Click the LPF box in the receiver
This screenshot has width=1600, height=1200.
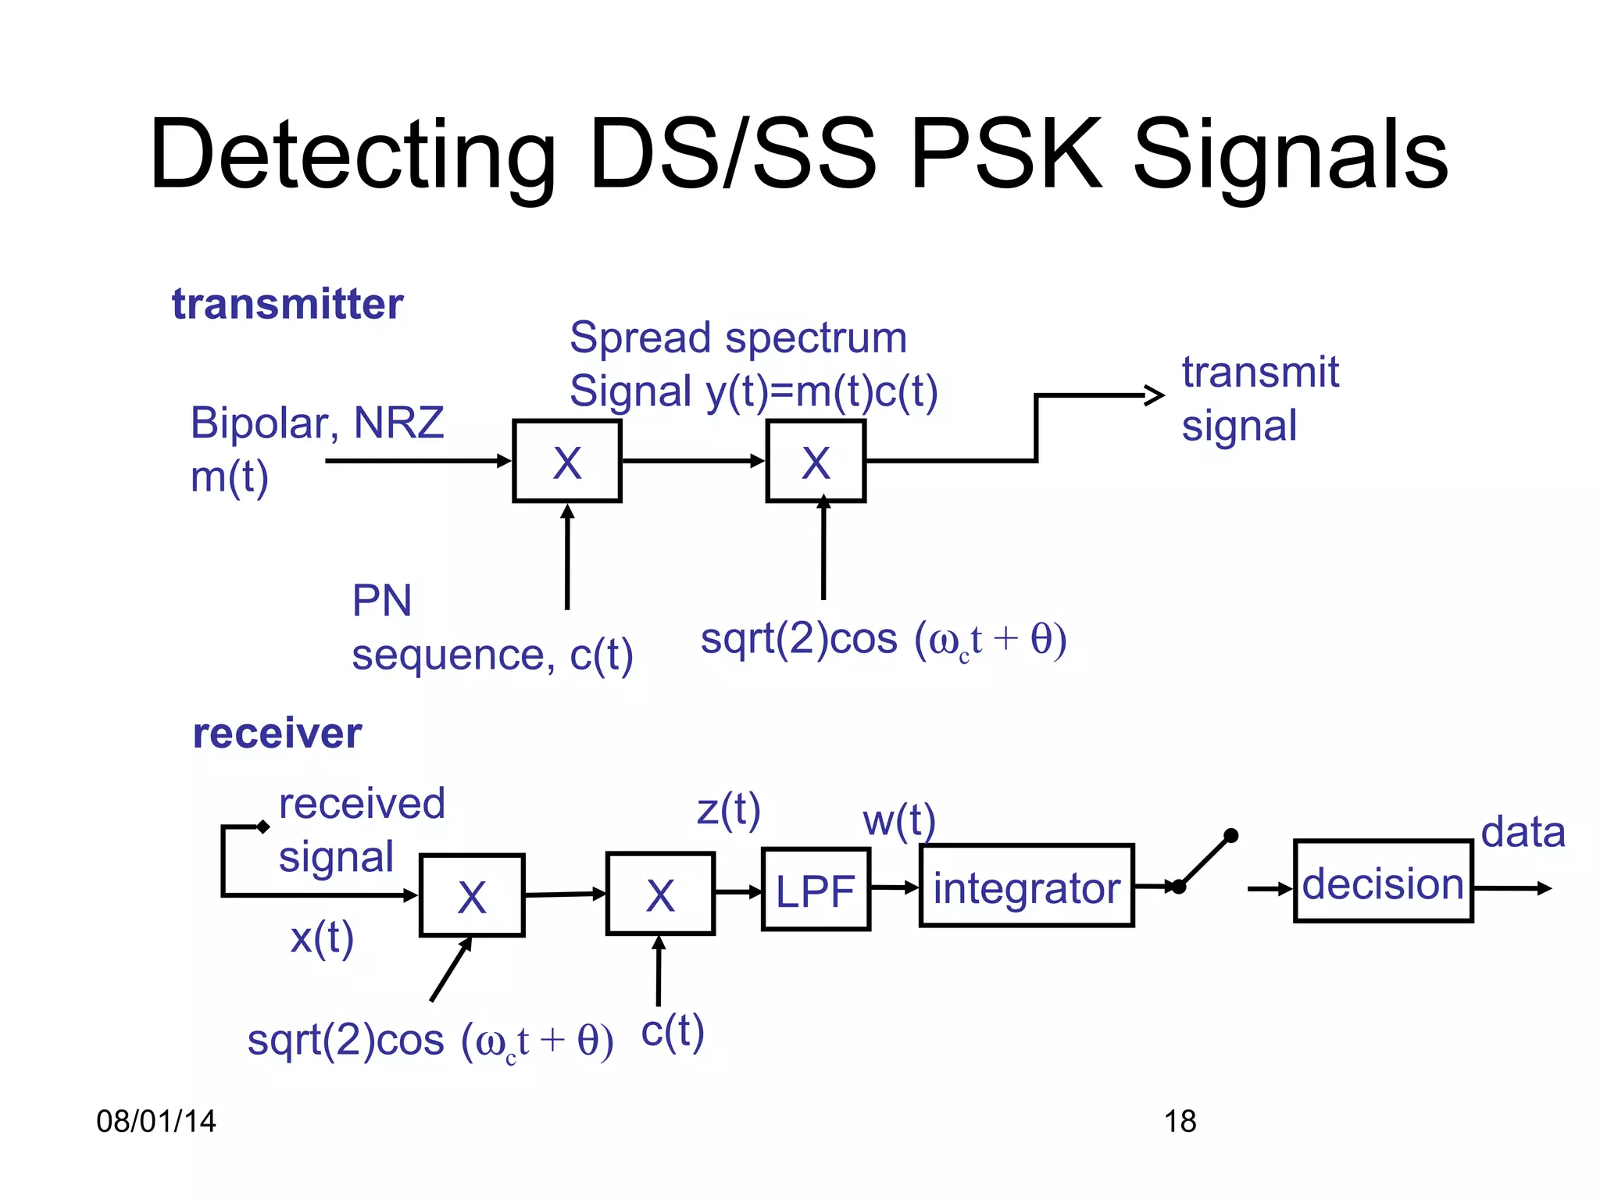pos(816,889)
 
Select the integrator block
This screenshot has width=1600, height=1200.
pos(1027,886)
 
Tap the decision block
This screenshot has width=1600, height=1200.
pos(1383,881)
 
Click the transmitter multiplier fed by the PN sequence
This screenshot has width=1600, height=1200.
pos(566,461)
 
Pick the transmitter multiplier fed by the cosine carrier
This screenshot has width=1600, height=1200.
pos(816,461)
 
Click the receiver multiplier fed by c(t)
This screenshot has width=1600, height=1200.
pos(660,894)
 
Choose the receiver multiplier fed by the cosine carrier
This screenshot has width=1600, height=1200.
pos(472,895)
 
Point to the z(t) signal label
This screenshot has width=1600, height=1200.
pos(728,809)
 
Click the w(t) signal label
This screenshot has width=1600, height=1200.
pos(898,820)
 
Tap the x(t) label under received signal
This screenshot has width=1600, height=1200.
pos(322,937)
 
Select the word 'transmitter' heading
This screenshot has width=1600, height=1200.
pos(287,304)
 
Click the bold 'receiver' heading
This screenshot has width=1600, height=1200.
pos(277,734)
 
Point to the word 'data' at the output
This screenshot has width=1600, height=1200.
pos(1523,832)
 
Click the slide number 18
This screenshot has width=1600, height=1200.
pos(1180,1121)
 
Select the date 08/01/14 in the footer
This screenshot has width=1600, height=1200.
pos(156,1121)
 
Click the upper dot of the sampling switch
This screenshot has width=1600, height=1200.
pos(1231,835)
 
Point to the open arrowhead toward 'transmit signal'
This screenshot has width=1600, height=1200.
pos(1155,395)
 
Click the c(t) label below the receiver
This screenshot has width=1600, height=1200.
pos(673,1031)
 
